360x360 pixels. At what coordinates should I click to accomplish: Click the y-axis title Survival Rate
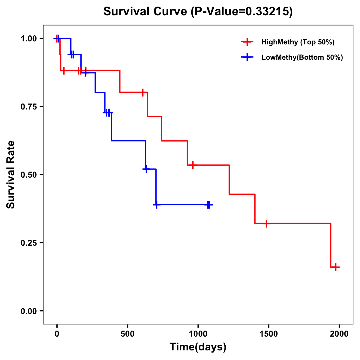pyautogui.click(x=11, y=175)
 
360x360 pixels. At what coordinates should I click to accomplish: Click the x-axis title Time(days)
pyautogui.click(x=198, y=347)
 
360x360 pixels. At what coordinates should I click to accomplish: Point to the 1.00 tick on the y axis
pyautogui.click(x=28, y=39)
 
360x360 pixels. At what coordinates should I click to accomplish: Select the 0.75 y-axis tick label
pyautogui.click(x=28, y=107)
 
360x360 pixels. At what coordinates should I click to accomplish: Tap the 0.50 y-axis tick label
pyautogui.click(x=28, y=175)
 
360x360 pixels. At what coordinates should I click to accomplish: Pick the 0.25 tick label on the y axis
pyautogui.click(x=28, y=243)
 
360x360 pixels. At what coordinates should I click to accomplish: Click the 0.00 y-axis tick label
pyautogui.click(x=28, y=311)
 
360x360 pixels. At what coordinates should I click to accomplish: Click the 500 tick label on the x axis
pyautogui.click(x=127, y=334)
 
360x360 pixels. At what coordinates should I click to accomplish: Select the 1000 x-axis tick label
pyautogui.click(x=198, y=334)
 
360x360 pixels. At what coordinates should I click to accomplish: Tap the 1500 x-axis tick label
pyautogui.click(x=268, y=334)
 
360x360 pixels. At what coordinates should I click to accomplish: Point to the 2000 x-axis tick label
pyautogui.click(x=339, y=334)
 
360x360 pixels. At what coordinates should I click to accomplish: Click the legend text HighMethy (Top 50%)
pyautogui.click(x=298, y=42)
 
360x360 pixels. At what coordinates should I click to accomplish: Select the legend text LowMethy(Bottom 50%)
pyautogui.click(x=302, y=57)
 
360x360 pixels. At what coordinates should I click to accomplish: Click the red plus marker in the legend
pyautogui.click(x=247, y=42)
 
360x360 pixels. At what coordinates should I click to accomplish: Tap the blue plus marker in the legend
pyautogui.click(x=247, y=57)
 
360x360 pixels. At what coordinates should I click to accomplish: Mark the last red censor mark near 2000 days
pyautogui.click(x=336, y=267)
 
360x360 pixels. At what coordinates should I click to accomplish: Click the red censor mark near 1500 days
pyautogui.click(x=266, y=223)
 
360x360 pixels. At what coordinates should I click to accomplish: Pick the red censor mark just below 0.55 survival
pyautogui.click(x=193, y=165)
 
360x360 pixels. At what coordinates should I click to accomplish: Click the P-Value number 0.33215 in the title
pyautogui.click(x=268, y=12)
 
